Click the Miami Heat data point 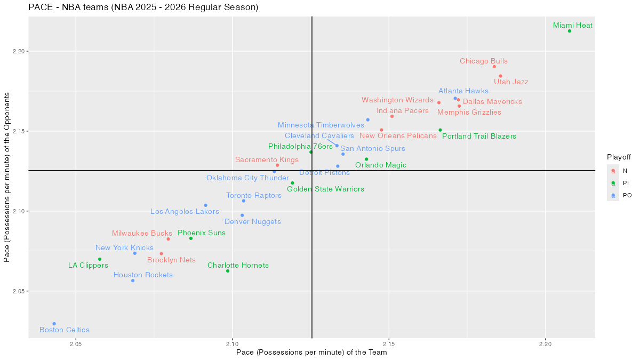tap(570, 31)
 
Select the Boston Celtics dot tap(54, 324)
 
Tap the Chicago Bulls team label tap(484, 61)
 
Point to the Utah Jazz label tap(511, 82)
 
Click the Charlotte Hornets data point tap(228, 271)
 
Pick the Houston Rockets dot tap(133, 281)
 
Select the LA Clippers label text tap(88, 266)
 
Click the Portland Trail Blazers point tap(440, 130)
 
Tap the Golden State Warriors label tap(325, 189)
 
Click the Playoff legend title tap(619, 157)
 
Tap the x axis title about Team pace tap(311, 353)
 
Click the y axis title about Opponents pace tap(7, 177)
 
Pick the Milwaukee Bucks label tap(142, 234)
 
